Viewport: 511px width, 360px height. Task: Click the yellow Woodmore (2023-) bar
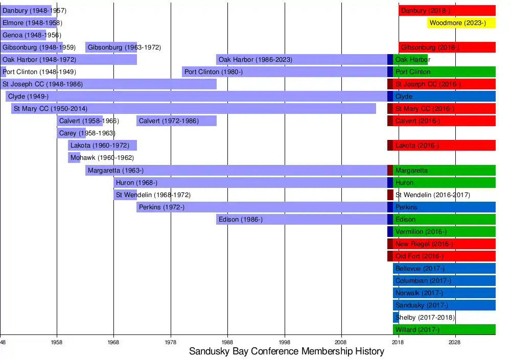(x=461, y=23)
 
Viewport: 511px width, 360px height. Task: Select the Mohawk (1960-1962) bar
(x=74, y=158)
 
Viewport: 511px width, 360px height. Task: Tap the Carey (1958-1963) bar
(x=71, y=133)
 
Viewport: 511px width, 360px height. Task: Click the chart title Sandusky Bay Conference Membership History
(x=286, y=351)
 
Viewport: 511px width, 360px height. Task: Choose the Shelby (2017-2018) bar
(x=396, y=318)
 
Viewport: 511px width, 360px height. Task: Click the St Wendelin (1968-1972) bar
(x=125, y=195)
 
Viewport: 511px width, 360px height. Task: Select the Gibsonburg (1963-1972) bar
(x=111, y=47)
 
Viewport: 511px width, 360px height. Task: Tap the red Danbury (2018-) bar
(x=447, y=11)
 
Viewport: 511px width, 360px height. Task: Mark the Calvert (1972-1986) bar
(x=176, y=121)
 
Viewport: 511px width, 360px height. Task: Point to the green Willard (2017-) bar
(x=444, y=330)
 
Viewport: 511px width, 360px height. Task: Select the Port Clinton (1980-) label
(x=214, y=72)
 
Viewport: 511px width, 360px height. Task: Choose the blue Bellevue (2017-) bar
(x=444, y=269)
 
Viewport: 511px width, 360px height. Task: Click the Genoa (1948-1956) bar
(x=23, y=35)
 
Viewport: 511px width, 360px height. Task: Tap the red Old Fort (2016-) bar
(x=444, y=256)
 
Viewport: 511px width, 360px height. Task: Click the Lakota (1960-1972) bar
(x=102, y=146)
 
